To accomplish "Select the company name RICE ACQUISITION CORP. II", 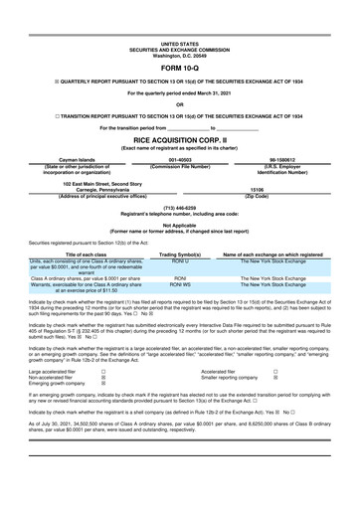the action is pos(179,139).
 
